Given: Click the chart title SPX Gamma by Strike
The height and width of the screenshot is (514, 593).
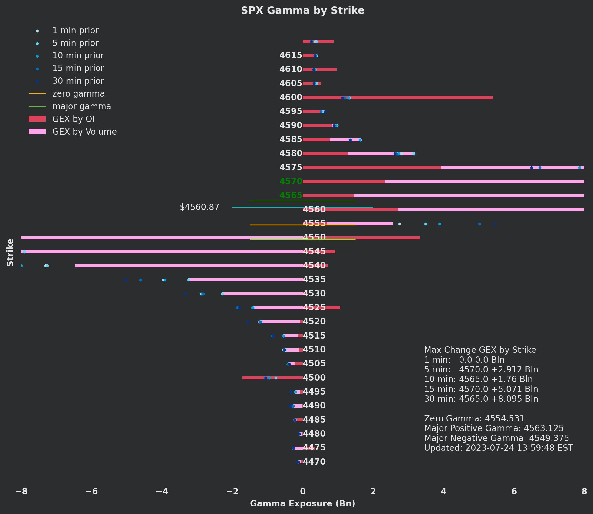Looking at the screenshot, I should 302,11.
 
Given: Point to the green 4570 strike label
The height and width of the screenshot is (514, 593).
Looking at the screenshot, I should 291,182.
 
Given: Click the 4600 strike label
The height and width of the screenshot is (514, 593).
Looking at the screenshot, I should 291,97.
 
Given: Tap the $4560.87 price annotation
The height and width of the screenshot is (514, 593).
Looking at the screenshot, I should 199,207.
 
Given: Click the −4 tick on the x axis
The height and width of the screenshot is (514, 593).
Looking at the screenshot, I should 162,492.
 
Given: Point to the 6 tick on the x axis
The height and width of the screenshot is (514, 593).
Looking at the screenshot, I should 514,492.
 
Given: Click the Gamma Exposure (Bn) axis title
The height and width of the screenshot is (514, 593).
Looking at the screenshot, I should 302,503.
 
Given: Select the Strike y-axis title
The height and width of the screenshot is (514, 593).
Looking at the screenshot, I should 10,253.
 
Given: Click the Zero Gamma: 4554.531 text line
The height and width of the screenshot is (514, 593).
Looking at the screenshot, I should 474,419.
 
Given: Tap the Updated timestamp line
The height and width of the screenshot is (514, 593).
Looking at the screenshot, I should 498,448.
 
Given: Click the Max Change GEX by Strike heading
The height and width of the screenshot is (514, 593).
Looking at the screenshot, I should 480,350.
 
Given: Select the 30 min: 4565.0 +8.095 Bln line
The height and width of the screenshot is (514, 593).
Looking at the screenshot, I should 481,399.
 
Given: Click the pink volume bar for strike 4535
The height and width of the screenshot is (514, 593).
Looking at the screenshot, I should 245,280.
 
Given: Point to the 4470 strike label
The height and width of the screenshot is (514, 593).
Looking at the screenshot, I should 314,462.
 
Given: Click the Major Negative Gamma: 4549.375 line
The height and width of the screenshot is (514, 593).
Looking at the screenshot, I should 496,438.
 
